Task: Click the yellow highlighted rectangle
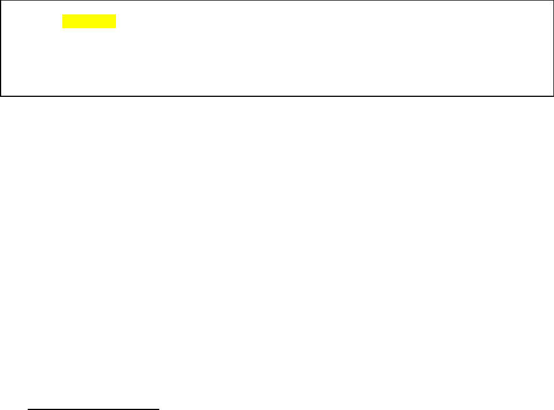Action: [89, 22]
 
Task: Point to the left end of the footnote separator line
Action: [28, 409]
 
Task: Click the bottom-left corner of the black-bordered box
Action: [1, 95]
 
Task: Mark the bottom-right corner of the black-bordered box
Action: [553, 95]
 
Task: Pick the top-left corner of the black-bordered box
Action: [1, 1]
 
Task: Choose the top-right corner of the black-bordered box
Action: [553, 1]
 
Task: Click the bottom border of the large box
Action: [277, 95]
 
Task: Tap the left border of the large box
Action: [1, 48]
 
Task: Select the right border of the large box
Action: [553, 48]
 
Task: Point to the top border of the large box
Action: [277, 1]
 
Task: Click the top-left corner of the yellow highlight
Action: [62, 16]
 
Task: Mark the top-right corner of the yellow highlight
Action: [117, 16]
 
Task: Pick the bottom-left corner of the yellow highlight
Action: [62, 28]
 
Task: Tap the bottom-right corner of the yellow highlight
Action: [117, 28]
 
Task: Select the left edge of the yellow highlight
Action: [62, 22]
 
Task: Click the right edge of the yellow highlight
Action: [117, 22]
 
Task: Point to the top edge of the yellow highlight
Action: [89, 16]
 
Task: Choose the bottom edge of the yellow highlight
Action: [89, 28]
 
